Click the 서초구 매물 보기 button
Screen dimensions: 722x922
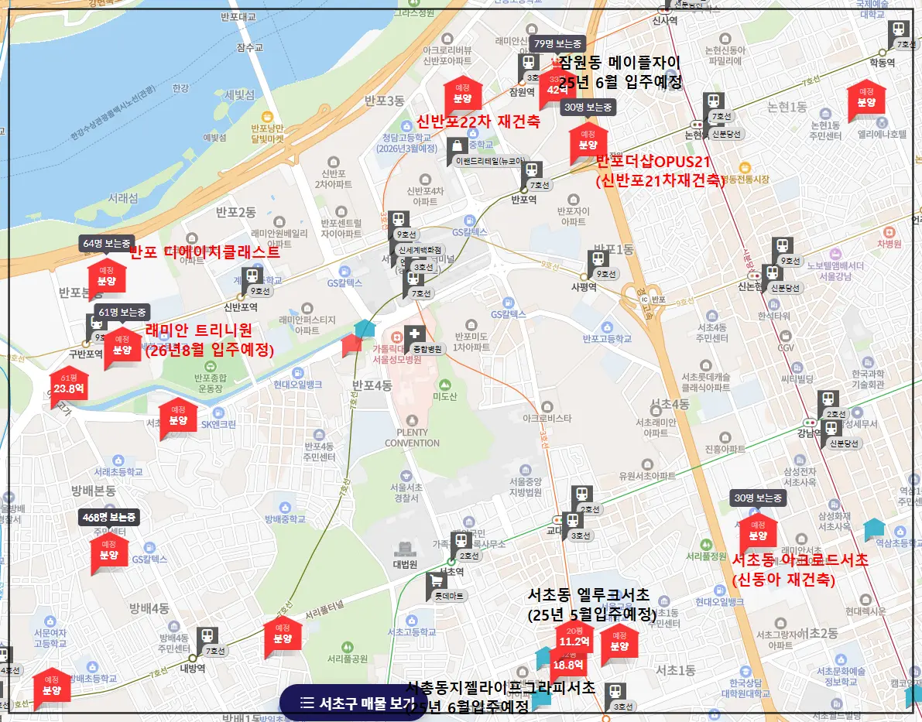353,703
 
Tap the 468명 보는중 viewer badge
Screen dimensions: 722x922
109,517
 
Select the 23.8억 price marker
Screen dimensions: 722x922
69,389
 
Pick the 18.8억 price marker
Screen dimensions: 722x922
568,664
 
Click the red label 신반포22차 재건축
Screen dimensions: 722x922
478,121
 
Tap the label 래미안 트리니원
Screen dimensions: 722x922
199,331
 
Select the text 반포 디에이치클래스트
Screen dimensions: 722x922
204,252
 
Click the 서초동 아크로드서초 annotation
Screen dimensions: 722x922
800,560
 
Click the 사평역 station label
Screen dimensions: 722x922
584,286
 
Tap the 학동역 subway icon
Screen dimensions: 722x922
899,32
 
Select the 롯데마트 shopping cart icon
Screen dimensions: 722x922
437,581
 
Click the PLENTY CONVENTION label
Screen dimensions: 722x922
412,438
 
